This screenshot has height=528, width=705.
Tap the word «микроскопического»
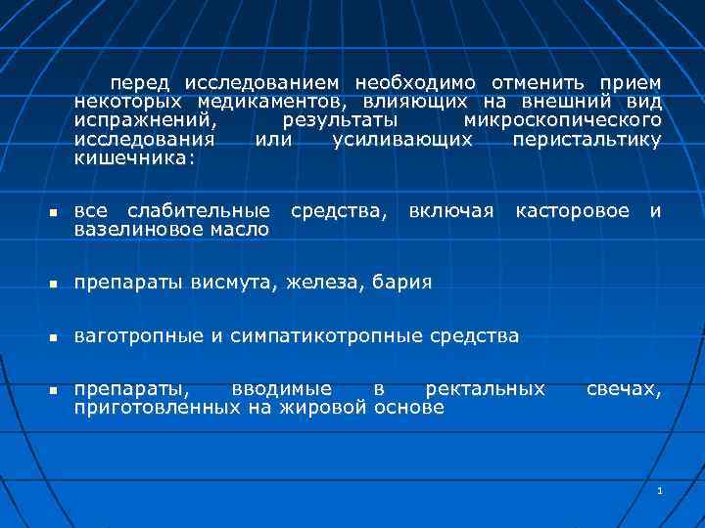coord(562,120)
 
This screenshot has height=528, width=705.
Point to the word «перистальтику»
coord(587,139)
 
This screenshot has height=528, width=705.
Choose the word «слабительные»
coord(200,210)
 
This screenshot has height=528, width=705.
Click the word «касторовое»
coord(573,210)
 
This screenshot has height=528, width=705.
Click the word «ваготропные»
coord(139,336)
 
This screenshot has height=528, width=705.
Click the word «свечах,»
coord(624,389)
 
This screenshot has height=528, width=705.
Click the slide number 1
coord(661,489)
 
